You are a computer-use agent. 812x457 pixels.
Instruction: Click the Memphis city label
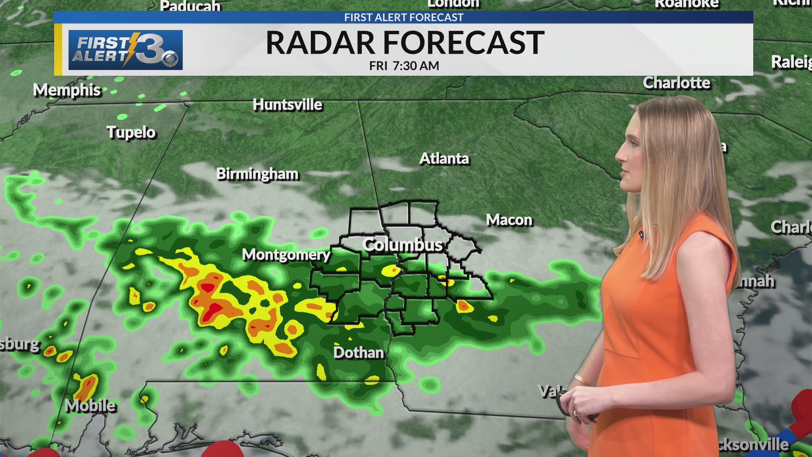pos(67,90)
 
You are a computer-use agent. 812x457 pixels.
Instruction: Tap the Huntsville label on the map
pos(287,105)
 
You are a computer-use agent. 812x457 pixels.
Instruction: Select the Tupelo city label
pos(131,132)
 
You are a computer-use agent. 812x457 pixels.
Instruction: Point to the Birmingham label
pos(257,174)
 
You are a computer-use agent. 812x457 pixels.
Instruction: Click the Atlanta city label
pos(444,159)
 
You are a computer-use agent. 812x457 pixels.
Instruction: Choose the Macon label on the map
pos(509,220)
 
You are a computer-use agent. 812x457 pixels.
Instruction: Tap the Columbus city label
pos(402,245)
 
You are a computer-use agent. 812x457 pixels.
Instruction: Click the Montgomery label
pos(286,255)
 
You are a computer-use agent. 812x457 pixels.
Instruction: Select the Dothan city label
pos(358,353)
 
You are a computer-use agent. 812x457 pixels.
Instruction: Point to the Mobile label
pos(91,406)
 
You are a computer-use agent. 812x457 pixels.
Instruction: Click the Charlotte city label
pos(676,83)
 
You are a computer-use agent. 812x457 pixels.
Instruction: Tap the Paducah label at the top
pos(190,6)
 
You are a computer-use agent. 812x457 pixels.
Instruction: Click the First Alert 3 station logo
pos(126,50)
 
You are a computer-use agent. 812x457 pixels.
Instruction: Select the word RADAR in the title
pos(320,43)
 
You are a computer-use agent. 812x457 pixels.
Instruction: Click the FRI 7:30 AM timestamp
pos(404,66)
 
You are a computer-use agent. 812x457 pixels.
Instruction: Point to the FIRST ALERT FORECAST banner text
pos(403,17)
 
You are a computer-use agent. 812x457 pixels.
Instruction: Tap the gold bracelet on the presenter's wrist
pos(582,380)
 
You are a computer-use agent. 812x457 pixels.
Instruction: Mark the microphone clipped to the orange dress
pos(642,235)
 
